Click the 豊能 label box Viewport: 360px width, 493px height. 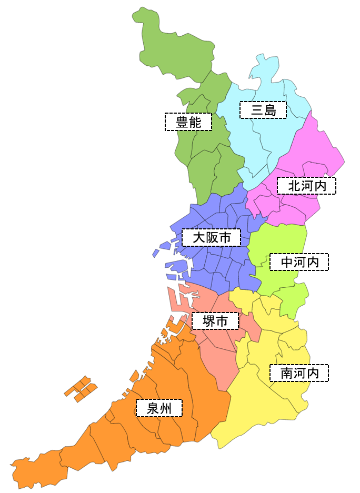188,122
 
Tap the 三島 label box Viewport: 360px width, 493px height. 263,110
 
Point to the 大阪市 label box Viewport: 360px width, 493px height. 212,237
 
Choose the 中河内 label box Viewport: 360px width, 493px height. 299,262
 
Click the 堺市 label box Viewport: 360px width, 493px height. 215,321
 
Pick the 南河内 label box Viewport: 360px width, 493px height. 299,373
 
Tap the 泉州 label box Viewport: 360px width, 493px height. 159,408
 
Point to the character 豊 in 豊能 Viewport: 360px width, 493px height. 182,122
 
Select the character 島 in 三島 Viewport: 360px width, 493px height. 269,110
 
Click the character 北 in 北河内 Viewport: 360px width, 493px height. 294,186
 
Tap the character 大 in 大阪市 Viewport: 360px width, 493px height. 199,237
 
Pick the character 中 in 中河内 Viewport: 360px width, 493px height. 287,262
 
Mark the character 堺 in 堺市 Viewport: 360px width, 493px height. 208,321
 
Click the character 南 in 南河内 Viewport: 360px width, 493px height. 287,373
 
